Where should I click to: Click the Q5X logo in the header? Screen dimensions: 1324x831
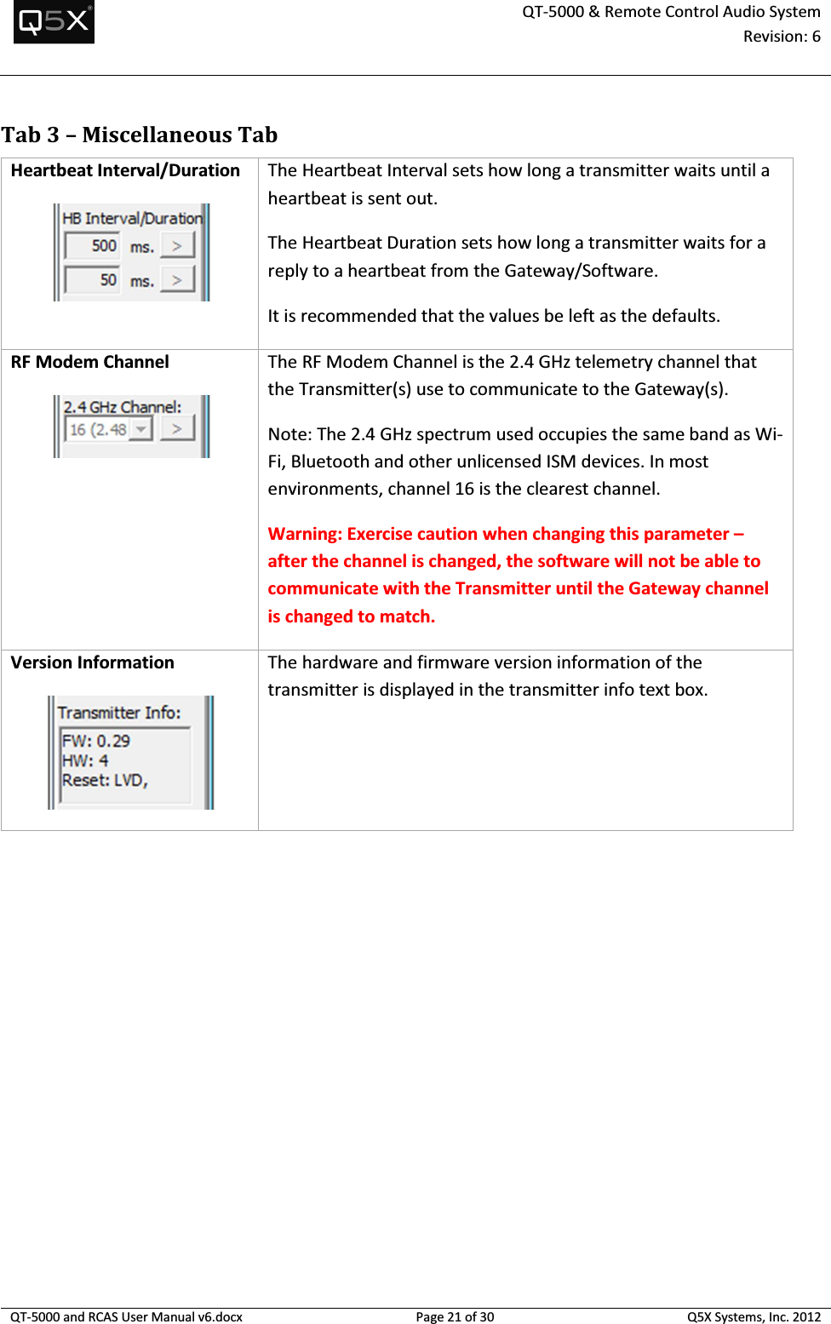pyautogui.click(x=54, y=21)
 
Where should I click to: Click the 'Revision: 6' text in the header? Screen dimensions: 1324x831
pyautogui.click(x=781, y=37)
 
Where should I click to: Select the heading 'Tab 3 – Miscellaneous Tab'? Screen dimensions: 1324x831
pyautogui.click(x=140, y=135)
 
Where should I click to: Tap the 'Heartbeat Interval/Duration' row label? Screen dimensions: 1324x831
pyautogui.click(x=125, y=171)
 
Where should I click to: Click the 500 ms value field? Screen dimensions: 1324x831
pyautogui.click(x=93, y=246)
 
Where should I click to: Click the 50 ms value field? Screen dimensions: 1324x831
pyautogui.click(x=93, y=280)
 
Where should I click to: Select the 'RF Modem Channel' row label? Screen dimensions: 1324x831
pyautogui.click(x=90, y=363)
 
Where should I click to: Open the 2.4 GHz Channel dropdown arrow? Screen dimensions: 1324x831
pyautogui.click(x=141, y=430)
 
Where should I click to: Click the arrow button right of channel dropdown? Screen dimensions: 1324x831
pyautogui.click(x=177, y=429)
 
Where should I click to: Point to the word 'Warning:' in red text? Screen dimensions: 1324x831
pyautogui.click(x=305, y=535)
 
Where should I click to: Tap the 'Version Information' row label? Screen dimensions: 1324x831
pyautogui.click(x=93, y=663)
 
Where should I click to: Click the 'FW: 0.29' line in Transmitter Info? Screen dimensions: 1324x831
pyautogui.click(x=96, y=742)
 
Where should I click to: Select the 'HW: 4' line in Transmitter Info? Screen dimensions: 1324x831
pyautogui.click(x=85, y=761)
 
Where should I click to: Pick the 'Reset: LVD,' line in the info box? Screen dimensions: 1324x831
pyautogui.click(x=105, y=781)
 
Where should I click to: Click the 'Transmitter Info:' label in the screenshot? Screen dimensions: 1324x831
pyautogui.click(x=119, y=713)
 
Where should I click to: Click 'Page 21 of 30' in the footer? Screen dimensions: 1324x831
pyautogui.click(x=455, y=1317)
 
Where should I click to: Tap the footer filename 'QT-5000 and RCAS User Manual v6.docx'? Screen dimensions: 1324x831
pyautogui.click(x=126, y=1317)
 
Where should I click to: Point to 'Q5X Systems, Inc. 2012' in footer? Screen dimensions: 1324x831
pyautogui.click(x=754, y=1317)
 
